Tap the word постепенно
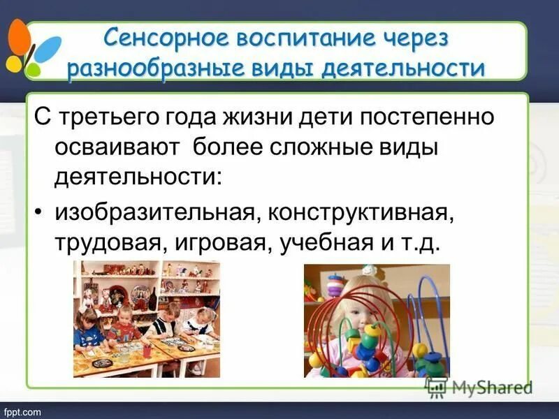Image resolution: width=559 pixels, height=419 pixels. tap(435, 117)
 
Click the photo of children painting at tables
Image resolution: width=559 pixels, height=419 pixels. tap(147, 318)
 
